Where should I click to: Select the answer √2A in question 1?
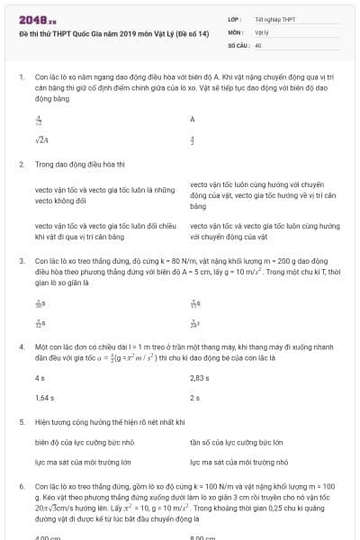tap(41, 139)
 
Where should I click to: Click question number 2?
tap(21, 165)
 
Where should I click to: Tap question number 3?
tap(21, 259)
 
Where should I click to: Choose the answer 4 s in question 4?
tap(40, 378)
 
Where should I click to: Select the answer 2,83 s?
tap(199, 378)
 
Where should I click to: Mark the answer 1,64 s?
tap(44, 397)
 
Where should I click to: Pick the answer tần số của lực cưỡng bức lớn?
tap(237, 442)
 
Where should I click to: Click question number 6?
tap(21, 485)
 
